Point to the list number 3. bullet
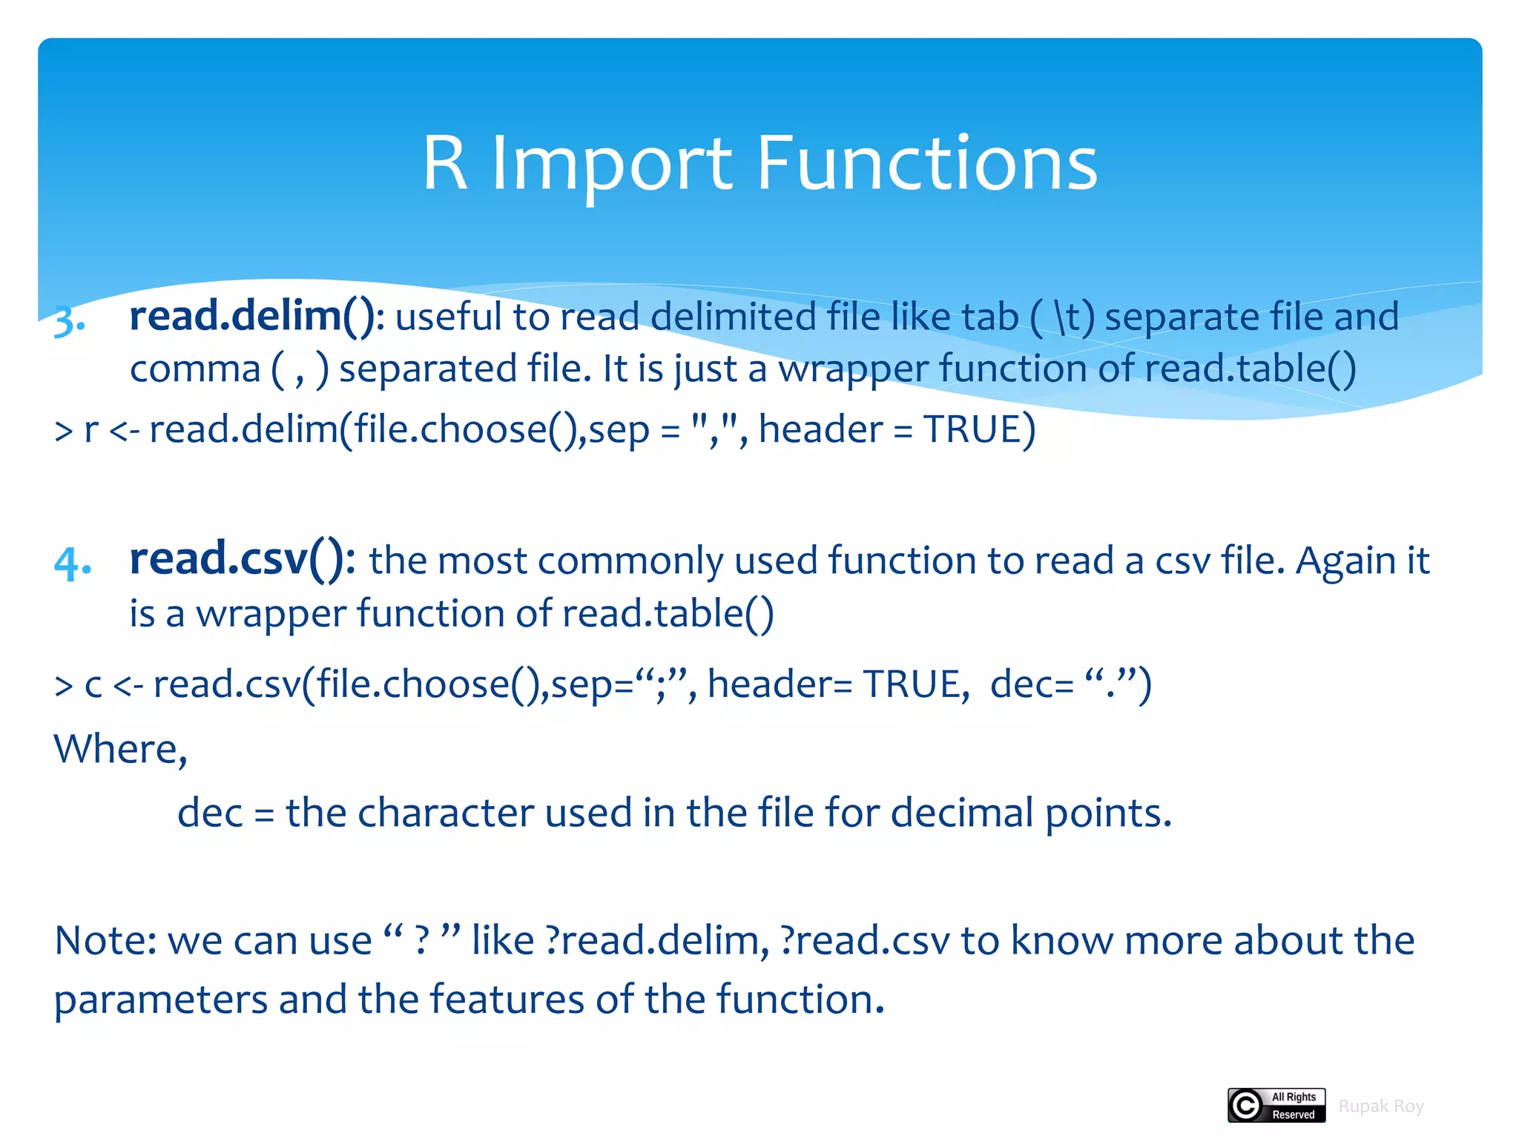70,320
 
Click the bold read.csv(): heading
242,558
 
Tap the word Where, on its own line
120,749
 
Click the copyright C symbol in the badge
1246,1106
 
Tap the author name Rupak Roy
1380,1106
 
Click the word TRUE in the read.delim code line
972,429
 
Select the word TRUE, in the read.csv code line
915,684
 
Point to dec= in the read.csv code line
1031,684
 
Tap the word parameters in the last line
160,1000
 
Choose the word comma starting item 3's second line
195,369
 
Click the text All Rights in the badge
1294,1097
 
